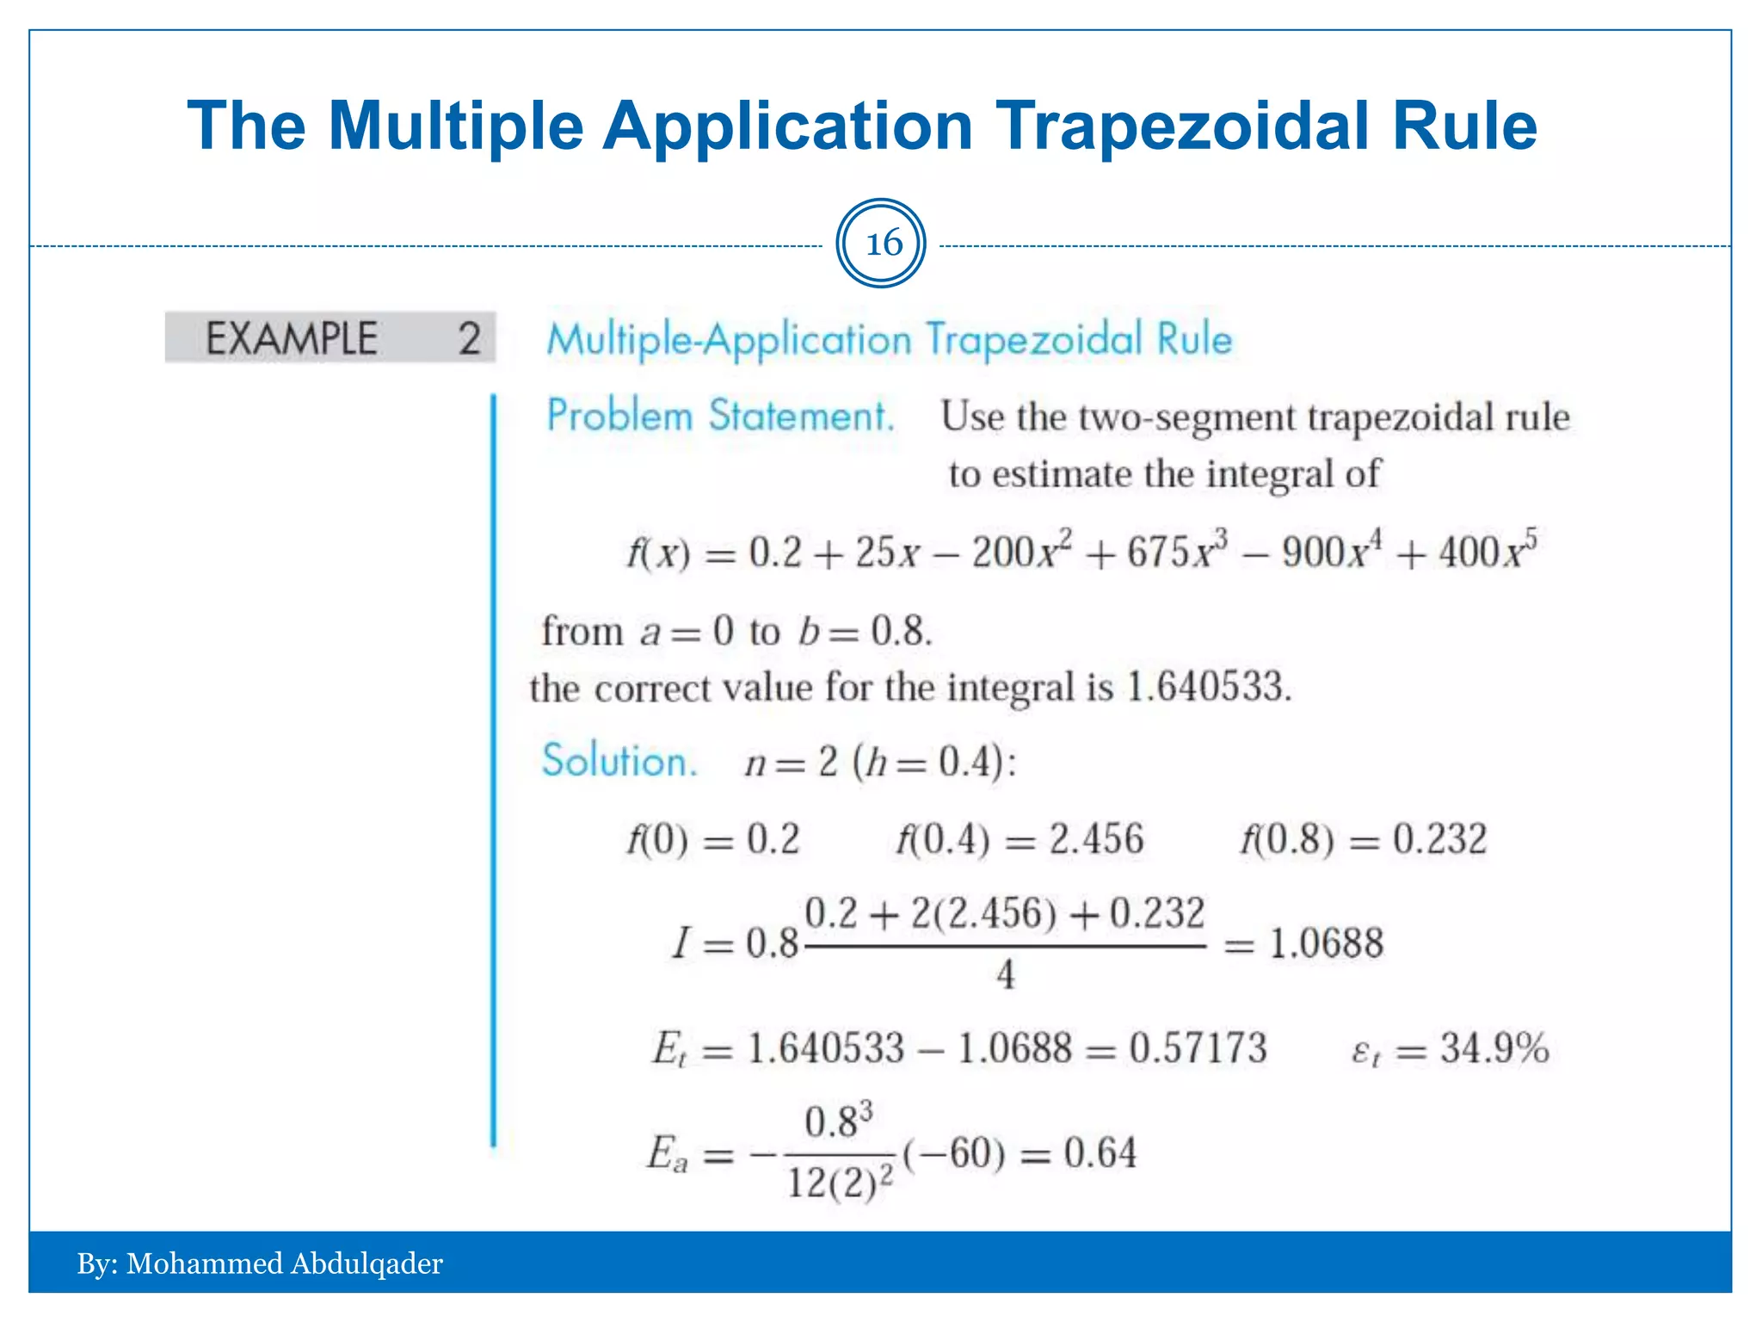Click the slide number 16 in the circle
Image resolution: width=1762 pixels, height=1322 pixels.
[883, 244]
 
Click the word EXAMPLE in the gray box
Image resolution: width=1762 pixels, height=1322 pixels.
[292, 338]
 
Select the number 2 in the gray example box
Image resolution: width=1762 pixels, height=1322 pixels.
[469, 338]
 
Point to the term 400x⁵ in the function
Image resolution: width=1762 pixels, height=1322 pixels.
[1488, 551]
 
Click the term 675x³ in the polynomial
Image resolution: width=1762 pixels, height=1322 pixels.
[1177, 551]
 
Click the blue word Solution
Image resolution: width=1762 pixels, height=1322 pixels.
[619, 761]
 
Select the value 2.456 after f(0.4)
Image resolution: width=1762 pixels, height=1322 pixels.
[1096, 839]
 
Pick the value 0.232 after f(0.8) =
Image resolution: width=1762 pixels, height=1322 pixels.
[1439, 839]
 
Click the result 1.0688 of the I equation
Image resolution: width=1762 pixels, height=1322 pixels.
[1326, 943]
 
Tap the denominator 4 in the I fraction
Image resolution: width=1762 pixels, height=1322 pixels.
[1005, 975]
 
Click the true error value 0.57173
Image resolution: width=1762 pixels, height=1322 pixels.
[1198, 1048]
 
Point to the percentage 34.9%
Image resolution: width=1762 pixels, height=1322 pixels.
[1494, 1048]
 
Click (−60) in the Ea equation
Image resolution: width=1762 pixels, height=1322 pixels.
[953, 1153]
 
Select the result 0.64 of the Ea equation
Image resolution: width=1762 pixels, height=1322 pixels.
[1100, 1153]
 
